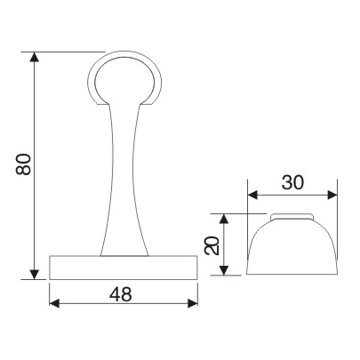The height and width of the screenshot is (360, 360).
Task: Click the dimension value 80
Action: [x=23, y=164]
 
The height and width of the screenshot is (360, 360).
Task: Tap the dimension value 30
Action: [x=293, y=183]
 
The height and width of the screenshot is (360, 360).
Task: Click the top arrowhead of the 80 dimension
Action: [x=35, y=57]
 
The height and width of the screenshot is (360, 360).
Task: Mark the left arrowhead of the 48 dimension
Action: [x=54, y=303]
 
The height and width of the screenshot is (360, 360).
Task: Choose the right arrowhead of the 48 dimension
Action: [x=193, y=303]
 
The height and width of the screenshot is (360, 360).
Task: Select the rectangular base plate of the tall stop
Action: [x=124, y=267]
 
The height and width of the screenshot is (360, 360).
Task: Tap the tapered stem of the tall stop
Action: [x=124, y=178]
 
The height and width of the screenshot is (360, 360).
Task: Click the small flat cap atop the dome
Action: [x=292, y=216]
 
